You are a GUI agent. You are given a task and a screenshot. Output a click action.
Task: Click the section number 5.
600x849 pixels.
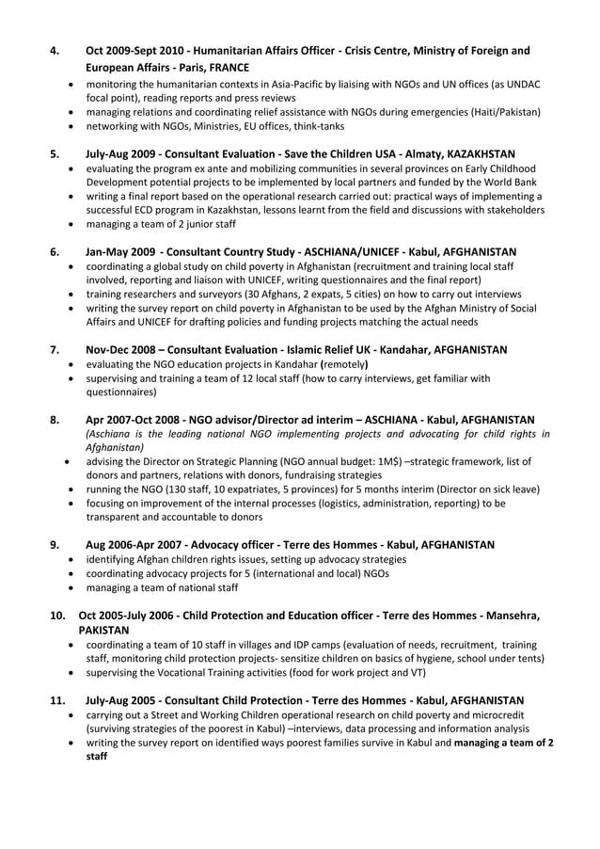pos(55,153)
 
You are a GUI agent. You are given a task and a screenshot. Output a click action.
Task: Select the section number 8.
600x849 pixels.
pos(55,419)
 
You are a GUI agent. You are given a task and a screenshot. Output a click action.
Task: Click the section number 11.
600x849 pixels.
pos(57,700)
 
